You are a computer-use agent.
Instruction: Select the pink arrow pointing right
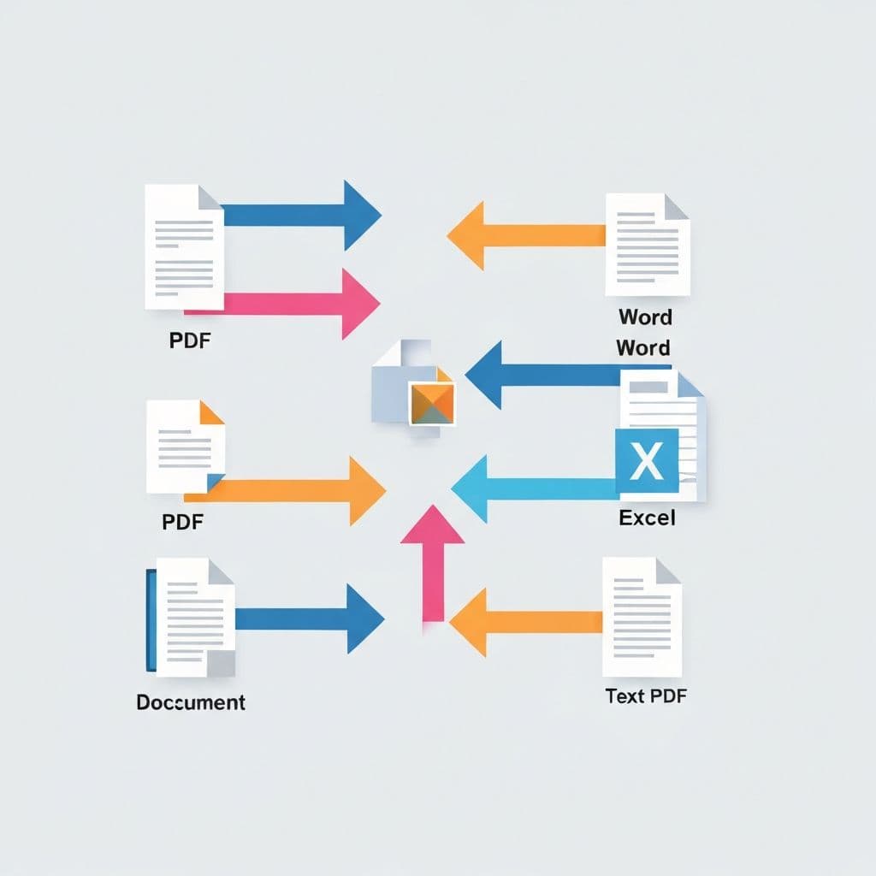point(291,303)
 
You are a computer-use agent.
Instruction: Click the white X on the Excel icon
point(647,462)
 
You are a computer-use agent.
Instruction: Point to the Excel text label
point(647,518)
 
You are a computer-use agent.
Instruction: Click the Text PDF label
point(646,695)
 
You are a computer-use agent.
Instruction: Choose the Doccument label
point(191,702)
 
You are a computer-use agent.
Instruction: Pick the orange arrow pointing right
point(291,490)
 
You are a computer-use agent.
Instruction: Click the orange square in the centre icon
point(432,403)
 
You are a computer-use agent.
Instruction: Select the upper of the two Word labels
point(645,317)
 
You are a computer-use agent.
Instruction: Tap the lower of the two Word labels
point(643,348)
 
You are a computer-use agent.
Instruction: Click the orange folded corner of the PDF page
point(211,413)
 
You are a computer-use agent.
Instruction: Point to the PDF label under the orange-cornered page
point(183,521)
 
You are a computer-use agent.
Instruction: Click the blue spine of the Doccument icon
point(151,620)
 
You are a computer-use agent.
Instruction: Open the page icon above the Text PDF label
point(641,616)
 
